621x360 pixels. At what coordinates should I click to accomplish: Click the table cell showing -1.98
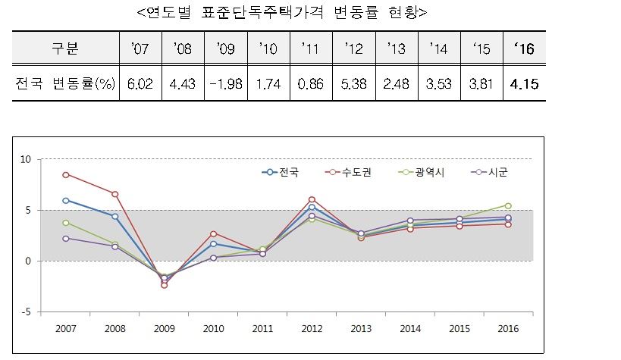[x=224, y=84]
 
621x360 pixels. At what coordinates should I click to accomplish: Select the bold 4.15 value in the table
[x=524, y=84]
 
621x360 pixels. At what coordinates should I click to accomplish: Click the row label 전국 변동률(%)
[x=65, y=84]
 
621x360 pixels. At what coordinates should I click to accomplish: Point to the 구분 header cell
[x=65, y=49]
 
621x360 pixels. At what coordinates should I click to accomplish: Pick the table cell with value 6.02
[x=140, y=84]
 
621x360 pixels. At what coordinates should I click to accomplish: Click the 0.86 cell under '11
[x=309, y=84]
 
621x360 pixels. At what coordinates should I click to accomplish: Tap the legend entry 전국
[x=283, y=173]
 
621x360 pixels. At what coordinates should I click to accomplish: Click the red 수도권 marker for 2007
[x=66, y=174]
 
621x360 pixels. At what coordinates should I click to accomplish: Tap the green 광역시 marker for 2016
[x=508, y=205]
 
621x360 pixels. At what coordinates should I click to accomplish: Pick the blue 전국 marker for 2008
[x=115, y=217]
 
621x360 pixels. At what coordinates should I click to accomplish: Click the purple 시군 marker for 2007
[x=66, y=238]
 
